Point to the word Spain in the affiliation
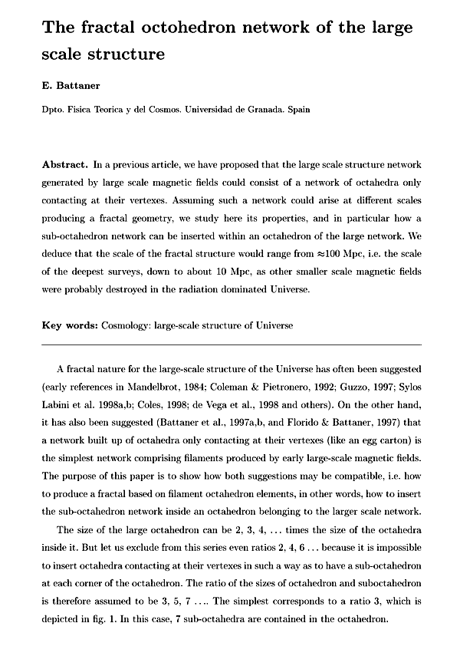click(x=299, y=110)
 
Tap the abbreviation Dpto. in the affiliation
click(x=55, y=110)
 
